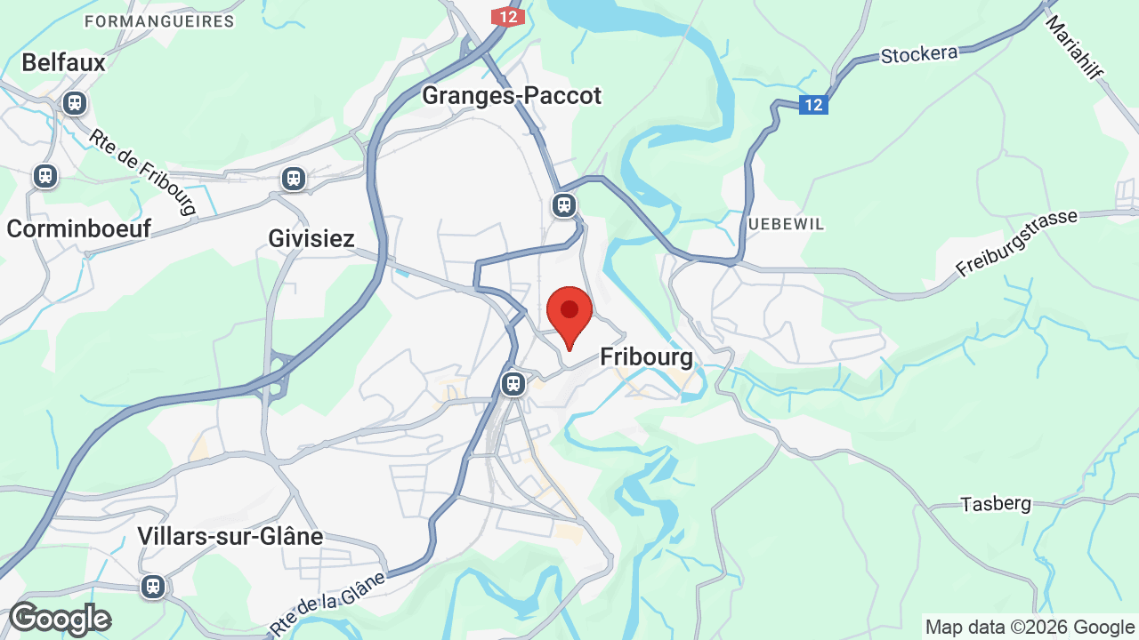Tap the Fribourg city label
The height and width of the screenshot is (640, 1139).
646,357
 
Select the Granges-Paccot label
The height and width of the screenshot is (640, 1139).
512,95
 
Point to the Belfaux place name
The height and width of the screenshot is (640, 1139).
63,62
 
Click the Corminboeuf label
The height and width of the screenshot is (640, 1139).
78,228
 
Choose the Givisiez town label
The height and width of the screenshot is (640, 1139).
311,238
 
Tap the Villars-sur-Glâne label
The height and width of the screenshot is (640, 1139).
230,536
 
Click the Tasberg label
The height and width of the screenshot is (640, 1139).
996,504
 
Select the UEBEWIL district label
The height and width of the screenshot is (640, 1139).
786,224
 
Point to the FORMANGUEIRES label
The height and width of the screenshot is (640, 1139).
158,20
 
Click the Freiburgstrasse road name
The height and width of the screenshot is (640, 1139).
1016,243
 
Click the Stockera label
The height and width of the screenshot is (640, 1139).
919,54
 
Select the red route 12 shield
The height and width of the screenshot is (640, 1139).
508,17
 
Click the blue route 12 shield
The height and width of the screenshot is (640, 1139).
813,105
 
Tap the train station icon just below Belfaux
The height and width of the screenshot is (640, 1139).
75,103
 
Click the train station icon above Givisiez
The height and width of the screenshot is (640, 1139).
294,179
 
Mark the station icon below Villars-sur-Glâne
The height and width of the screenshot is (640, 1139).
153,587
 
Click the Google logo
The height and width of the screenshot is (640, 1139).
60,619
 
